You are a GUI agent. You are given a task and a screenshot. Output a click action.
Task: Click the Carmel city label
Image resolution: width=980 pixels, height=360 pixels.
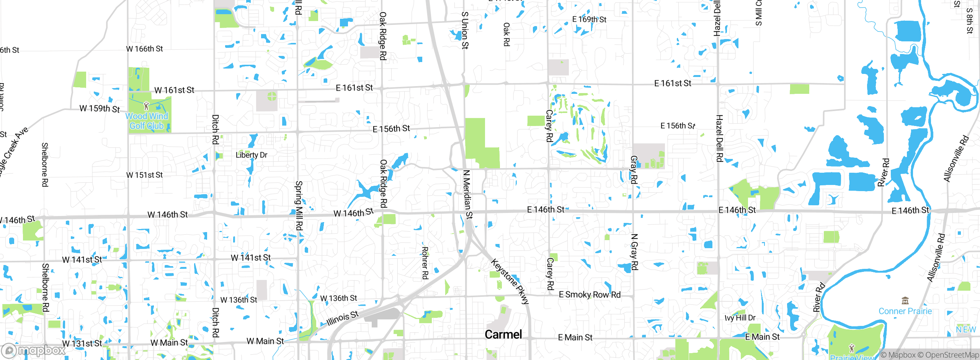[x=503, y=334]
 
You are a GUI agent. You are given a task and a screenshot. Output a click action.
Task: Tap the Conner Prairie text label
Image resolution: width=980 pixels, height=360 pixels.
[x=905, y=311]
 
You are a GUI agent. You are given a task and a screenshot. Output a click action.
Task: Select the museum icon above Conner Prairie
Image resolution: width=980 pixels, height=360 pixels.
[x=905, y=300]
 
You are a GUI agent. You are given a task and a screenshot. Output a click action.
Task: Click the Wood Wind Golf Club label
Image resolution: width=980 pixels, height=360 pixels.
[x=147, y=121]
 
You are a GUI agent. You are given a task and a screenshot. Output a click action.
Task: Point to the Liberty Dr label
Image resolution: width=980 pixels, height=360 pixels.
[x=251, y=155]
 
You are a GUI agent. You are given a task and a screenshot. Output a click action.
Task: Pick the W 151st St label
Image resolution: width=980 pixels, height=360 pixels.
[x=144, y=175]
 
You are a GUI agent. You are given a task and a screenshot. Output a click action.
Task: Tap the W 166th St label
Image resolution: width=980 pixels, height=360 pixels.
[x=144, y=49]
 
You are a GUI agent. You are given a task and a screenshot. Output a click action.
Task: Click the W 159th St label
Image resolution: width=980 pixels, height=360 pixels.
[x=100, y=109]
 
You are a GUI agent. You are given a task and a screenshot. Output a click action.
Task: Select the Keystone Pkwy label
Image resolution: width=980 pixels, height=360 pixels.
[x=510, y=281]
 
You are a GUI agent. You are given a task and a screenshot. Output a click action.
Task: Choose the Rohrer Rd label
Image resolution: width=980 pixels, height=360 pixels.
[x=425, y=263]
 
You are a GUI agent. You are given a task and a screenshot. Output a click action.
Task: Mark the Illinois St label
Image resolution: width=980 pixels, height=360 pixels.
[x=343, y=318]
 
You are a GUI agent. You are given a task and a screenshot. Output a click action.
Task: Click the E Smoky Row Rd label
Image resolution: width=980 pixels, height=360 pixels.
[x=590, y=295]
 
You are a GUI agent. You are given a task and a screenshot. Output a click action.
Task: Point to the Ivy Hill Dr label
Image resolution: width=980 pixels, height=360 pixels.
[x=740, y=318]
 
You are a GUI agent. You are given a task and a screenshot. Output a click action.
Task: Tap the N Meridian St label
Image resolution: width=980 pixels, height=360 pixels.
[x=468, y=194]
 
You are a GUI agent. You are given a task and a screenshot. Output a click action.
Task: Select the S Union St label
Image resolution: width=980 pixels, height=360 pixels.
[x=465, y=30]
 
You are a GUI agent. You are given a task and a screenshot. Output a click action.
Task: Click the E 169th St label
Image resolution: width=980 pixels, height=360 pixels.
[x=589, y=19]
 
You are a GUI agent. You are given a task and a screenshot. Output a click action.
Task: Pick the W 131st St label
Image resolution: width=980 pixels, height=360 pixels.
[x=82, y=343]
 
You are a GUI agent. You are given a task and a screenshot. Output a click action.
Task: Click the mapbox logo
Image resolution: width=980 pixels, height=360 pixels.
[x=34, y=350]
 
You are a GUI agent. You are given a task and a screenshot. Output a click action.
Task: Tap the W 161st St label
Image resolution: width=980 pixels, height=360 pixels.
[x=174, y=90]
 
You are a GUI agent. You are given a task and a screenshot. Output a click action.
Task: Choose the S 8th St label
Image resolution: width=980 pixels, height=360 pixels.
[x=969, y=21]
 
